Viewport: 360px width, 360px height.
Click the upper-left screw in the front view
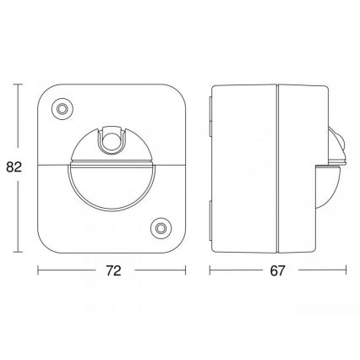point(61,109)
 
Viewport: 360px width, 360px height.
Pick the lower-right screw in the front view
point(158,228)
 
